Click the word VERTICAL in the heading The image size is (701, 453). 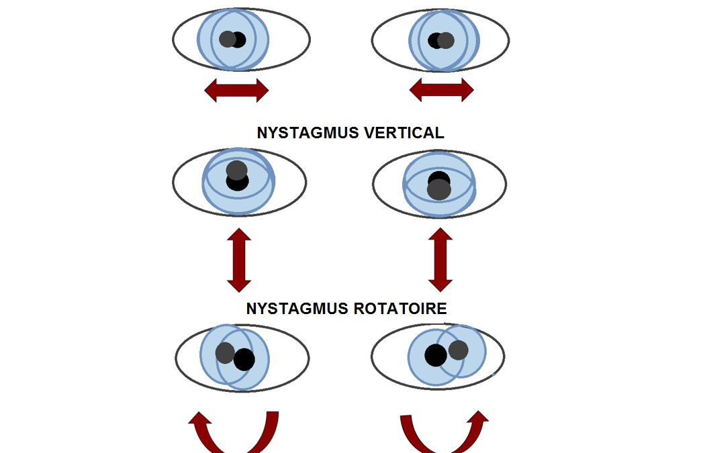point(404,133)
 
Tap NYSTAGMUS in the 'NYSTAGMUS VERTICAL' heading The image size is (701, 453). point(308,133)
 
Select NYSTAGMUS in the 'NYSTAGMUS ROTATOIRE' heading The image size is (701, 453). point(293,309)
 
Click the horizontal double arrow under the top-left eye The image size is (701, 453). point(236,89)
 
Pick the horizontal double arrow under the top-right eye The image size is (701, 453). point(441,89)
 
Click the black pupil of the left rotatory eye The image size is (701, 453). point(244,360)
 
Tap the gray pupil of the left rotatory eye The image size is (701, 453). point(225,353)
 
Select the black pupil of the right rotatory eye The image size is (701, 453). point(435,355)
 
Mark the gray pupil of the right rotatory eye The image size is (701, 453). point(458,350)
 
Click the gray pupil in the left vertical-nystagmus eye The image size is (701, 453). point(236,170)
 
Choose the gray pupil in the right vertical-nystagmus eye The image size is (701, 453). point(439,190)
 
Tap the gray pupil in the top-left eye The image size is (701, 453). point(228,40)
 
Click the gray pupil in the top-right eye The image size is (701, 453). point(446,41)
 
